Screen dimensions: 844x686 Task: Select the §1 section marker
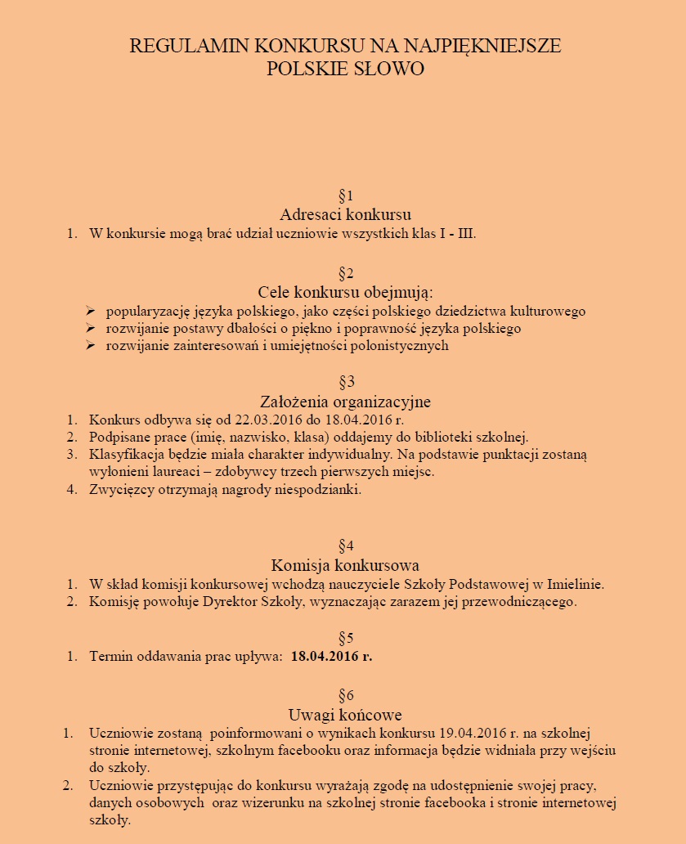pos(345,195)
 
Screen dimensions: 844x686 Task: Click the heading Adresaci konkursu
pos(345,215)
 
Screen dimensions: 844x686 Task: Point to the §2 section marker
pos(345,272)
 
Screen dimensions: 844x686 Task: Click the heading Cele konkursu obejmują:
pos(345,292)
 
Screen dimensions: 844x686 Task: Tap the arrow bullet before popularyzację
pos(90,312)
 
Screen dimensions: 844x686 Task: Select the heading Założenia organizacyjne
pos(345,402)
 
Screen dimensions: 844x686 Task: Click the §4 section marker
pos(345,545)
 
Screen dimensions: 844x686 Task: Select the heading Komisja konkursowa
pos(345,565)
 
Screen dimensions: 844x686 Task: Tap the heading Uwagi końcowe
pos(345,714)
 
